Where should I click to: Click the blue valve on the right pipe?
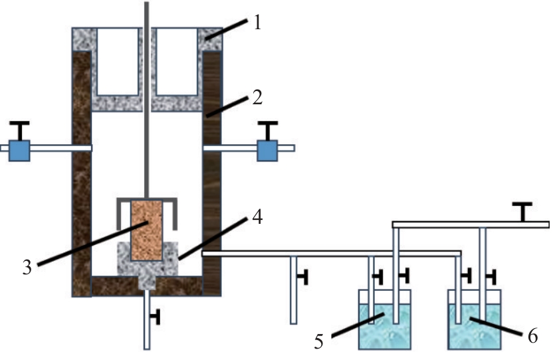tap(267, 151)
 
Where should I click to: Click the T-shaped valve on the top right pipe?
tap(524, 212)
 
